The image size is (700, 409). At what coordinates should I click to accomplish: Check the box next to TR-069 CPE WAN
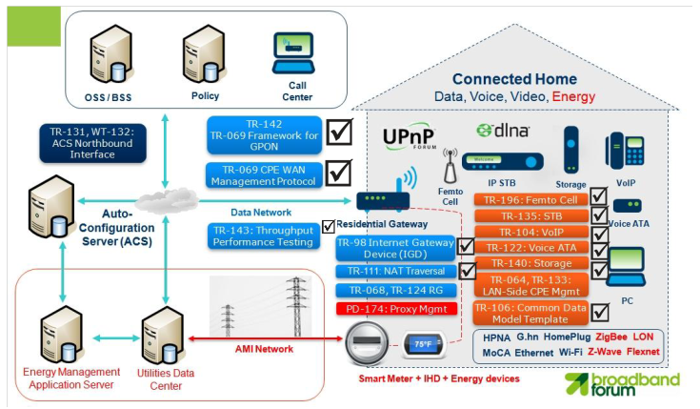[x=339, y=173]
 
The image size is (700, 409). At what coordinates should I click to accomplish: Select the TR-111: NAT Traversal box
[x=394, y=272]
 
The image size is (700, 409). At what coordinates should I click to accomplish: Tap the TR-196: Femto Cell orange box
[x=528, y=199]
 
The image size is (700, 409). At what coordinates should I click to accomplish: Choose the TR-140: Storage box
[x=528, y=262]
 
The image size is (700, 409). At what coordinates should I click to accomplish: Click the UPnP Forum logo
[x=408, y=138]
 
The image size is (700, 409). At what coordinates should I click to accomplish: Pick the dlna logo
[x=504, y=130]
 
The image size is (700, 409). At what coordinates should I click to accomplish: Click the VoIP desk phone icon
[x=623, y=153]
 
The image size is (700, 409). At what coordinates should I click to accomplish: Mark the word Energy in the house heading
[x=574, y=96]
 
